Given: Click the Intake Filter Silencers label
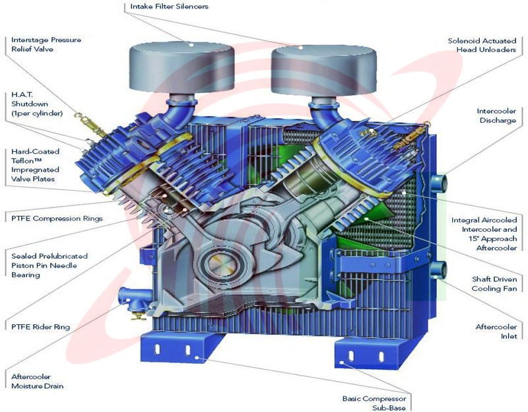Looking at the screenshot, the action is click(x=169, y=7).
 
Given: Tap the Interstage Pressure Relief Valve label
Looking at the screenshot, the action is click(x=46, y=44).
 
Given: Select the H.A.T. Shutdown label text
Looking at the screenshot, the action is click(x=37, y=104).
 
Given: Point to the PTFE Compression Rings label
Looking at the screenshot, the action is click(x=57, y=219).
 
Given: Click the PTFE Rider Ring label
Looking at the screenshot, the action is click(x=40, y=327).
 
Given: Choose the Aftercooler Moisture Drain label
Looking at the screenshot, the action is click(x=38, y=382).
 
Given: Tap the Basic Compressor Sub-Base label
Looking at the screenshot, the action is click(x=374, y=403).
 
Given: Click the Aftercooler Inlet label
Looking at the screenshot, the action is click(x=496, y=331).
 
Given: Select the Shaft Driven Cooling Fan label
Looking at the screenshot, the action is click(x=494, y=284).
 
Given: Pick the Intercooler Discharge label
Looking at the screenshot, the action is click(x=496, y=116).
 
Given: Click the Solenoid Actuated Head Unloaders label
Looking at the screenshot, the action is click(x=482, y=45).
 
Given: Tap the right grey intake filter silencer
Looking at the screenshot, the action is click(x=323, y=71).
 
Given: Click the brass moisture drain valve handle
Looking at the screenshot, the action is click(x=138, y=316).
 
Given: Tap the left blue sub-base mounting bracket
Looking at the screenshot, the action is click(x=183, y=348).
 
